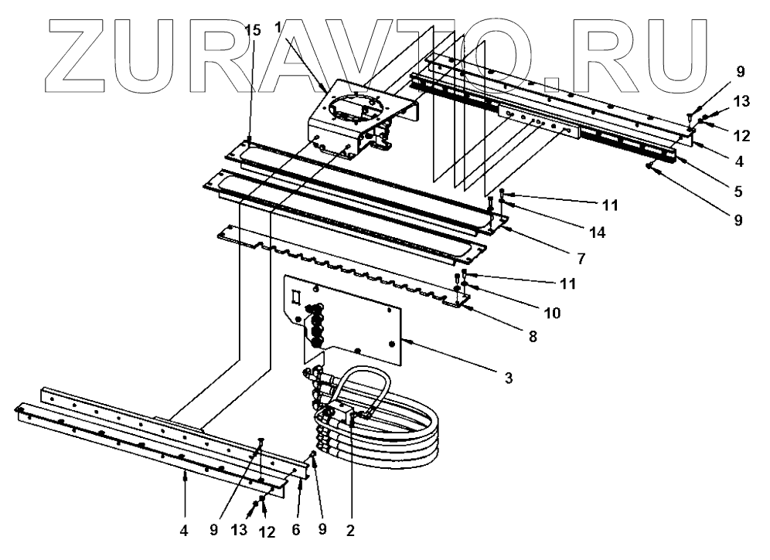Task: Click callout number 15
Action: [x=252, y=29]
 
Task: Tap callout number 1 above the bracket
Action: [x=278, y=26]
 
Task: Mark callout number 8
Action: [x=534, y=337]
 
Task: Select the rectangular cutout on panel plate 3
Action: [x=295, y=296]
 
